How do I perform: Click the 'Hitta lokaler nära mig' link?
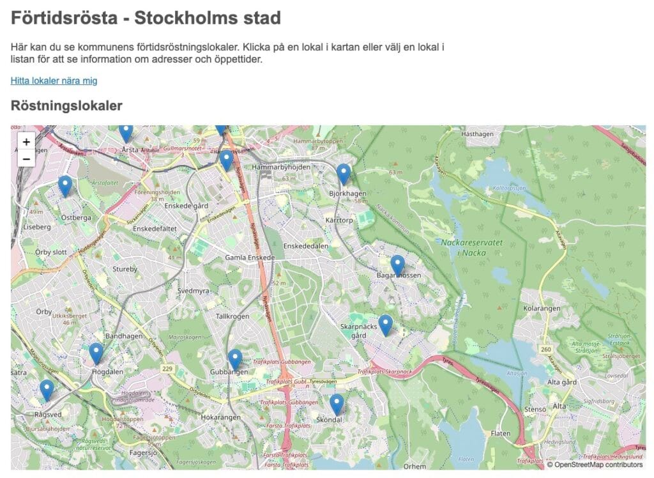tap(54, 81)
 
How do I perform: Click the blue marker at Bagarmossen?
tap(397, 265)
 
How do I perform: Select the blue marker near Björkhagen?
tap(344, 173)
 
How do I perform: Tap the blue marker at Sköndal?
tap(337, 404)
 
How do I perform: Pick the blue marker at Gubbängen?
tap(235, 359)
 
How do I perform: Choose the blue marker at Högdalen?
tap(96, 353)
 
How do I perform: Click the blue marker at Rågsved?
tap(47, 389)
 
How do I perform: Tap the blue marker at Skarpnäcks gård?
tap(385, 325)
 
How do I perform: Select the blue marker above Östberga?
tap(65, 185)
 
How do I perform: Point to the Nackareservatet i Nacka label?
tap(464, 247)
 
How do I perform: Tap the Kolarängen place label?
tap(542, 308)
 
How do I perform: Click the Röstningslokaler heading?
tap(66, 106)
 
